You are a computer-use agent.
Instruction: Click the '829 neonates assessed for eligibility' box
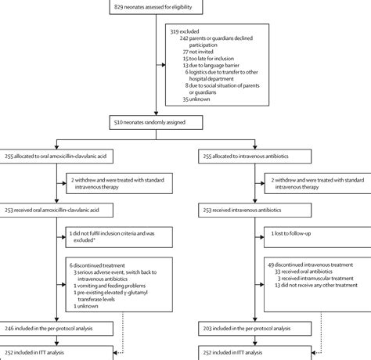click(x=156, y=7)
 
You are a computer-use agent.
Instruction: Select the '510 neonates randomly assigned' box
click(x=156, y=122)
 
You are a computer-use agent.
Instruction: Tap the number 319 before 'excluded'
click(x=175, y=31)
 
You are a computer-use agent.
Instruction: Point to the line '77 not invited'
click(x=198, y=52)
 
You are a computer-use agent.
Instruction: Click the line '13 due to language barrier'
click(x=211, y=65)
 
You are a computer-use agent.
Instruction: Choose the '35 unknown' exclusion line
click(x=196, y=99)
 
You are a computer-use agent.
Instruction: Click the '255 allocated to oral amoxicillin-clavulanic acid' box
click(x=56, y=157)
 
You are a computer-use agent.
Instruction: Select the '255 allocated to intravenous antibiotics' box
click(x=255, y=157)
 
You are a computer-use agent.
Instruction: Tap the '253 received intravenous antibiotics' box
click(x=255, y=210)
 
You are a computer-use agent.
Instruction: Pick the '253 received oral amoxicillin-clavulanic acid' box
click(x=56, y=210)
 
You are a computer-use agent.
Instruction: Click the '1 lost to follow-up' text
click(x=291, y=233)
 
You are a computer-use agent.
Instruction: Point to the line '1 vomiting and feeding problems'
click(x=110, y=286)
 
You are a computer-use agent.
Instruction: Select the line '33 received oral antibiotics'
click(x=304, y=272)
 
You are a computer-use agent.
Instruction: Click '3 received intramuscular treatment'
click(x=315, y=279)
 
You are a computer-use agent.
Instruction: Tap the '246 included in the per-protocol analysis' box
click(x=56, y=329)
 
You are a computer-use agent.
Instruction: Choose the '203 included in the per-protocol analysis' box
click(x=255, y=329)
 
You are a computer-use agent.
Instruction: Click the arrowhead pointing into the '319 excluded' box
click(x=164, y=65)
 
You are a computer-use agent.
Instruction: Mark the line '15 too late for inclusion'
click(x=208, y=59)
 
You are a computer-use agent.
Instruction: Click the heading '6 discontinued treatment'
click(x=97, y=265)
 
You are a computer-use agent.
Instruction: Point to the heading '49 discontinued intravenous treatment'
click(x=310, y=265)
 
